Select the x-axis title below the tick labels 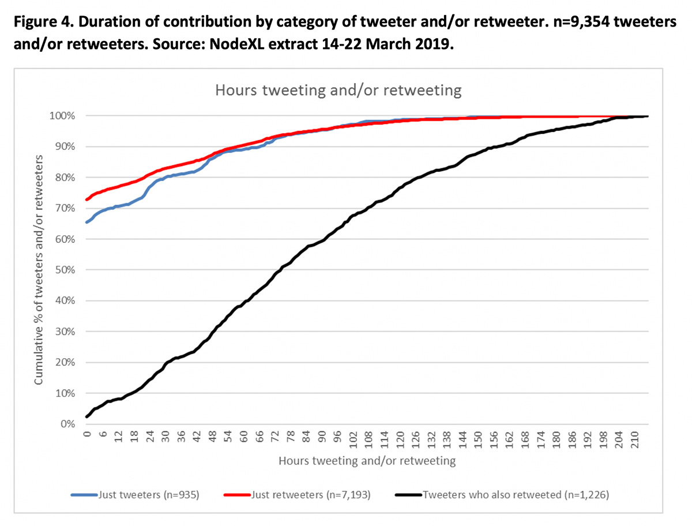(367, 461)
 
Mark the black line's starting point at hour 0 (87, 416)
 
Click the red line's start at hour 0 (87, 200)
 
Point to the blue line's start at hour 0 (87, 222)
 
